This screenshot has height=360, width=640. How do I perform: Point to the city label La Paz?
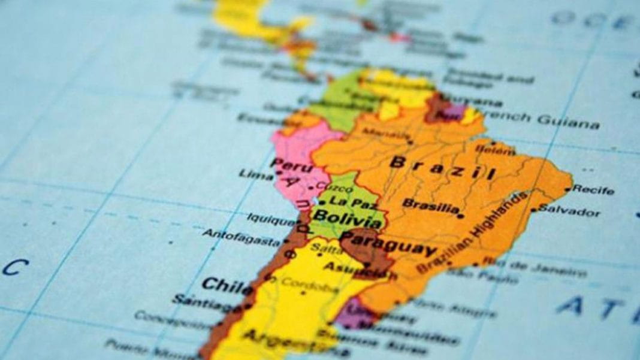pos(348,200)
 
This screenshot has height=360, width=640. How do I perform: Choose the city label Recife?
pos(593,190)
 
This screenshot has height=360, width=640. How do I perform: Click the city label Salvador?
pos(569,211)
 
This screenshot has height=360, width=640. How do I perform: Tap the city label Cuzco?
pos(331,186)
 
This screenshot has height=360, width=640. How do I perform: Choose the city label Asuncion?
pos(358,271)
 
